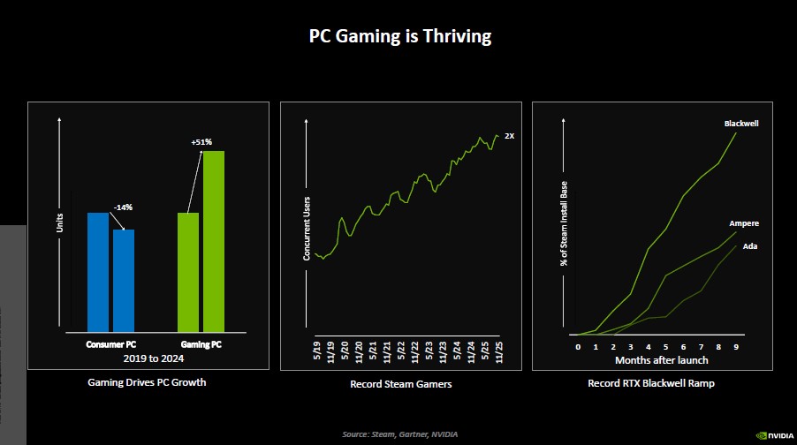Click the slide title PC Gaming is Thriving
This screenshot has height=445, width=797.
398,36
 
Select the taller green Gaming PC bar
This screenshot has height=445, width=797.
214,239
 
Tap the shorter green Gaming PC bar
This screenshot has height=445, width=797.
188,270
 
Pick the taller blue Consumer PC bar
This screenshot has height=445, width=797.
98,270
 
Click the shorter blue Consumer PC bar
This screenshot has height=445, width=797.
124,278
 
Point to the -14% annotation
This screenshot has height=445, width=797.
123,207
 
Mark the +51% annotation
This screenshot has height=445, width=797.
201,141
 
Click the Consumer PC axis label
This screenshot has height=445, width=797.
110,344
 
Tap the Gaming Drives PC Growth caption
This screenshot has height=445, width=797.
148,383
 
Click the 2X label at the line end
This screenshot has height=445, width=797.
509,136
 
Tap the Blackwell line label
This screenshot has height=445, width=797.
741,124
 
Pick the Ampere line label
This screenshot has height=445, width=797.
744,224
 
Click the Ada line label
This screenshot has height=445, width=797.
749,245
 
